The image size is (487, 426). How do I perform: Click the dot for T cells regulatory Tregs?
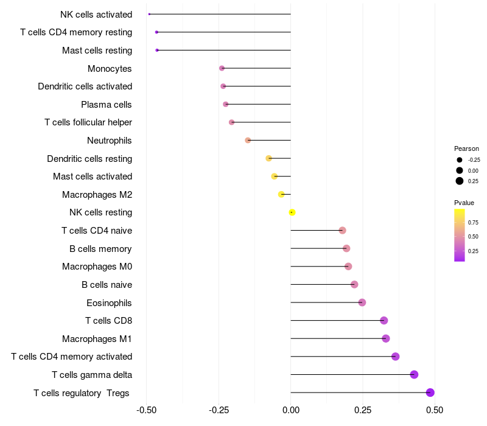pos(430,393)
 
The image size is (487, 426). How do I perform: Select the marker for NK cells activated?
pos(149,14)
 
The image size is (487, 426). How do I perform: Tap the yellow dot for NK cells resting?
pos(292,212)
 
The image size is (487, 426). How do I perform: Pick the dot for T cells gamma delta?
pos(415,374)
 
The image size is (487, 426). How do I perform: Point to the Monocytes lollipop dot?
pos(222,68)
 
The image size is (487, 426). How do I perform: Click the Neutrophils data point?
pos(248,141)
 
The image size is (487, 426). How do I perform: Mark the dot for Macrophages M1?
pos(385,338)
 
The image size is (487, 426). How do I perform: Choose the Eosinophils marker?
pos(362,302)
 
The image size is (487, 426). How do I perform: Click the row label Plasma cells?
pos(107,105)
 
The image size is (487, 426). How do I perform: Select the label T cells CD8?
pos(108,321)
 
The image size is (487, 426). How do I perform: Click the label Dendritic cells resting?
pos(89,159)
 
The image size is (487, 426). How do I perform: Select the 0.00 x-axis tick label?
pos(291,411)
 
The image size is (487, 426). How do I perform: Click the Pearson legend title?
pos(466,148)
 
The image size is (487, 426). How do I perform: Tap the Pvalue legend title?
pos(464,203)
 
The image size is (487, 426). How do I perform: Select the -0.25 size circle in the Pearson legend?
pos(460,159)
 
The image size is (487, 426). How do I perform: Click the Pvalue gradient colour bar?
pos(460,235)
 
